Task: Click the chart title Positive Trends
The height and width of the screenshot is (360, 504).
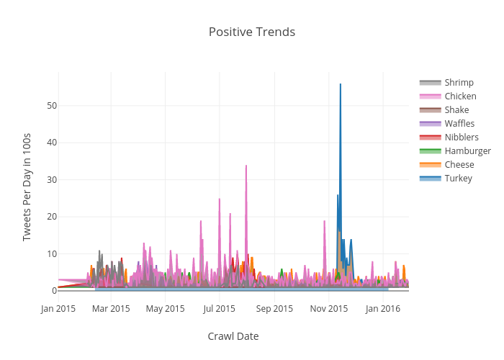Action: (x=252, y=32)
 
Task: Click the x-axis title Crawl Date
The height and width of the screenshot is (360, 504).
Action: (x=233, y=336)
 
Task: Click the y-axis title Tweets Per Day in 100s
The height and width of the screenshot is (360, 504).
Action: (x=27, y=186)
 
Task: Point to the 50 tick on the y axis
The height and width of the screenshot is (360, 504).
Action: (x=52, y=106)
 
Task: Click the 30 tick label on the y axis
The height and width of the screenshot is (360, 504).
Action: (x=52, y=180)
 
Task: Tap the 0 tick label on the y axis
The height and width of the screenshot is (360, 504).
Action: (x=54, y=291)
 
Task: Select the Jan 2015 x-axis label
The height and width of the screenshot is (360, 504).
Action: (x=58, y=309)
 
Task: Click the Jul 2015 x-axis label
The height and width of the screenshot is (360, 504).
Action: (x=220, y=309)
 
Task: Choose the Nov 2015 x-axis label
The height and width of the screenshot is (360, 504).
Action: (x=329, y=309)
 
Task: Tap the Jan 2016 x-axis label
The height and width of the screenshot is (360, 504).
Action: (x=383, y=309)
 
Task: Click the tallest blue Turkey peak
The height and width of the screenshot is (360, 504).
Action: (x=341, y=85)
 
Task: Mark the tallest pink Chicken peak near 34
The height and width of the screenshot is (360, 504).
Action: (x=246, y=166)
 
